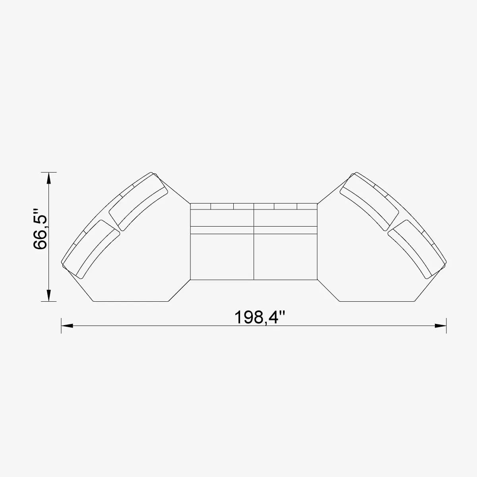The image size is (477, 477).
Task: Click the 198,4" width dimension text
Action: (260, 318)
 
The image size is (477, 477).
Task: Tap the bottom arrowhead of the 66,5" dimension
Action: (48, 295)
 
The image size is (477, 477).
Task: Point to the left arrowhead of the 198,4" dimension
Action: (67, 326)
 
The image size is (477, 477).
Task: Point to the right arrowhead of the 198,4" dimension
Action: (440, 326)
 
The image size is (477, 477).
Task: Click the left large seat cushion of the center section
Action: (222, 256)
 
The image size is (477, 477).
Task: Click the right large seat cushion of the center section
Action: (285, 256)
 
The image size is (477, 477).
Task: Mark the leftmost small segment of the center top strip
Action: (200, 206)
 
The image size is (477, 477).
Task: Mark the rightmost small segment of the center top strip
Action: (307, 206)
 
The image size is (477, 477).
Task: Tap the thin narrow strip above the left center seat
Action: (222, 230)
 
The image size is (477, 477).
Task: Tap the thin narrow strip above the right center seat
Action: (285, 230)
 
